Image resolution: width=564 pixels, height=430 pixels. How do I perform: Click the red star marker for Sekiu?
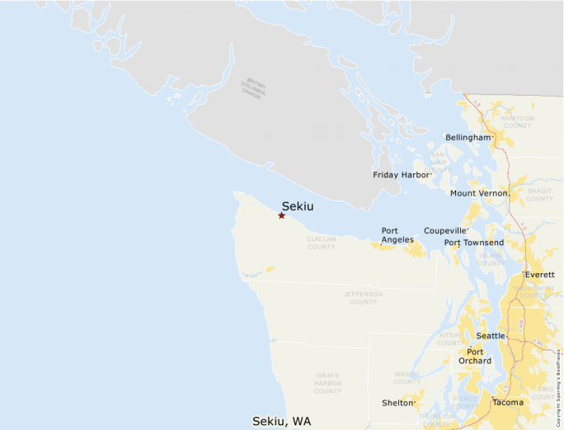point(282,215)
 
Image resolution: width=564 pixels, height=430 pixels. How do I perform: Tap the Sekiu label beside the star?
point(298,206)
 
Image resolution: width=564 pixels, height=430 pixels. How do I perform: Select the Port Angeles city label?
point(398,235)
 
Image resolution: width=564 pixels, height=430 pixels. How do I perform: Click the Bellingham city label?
point(468,137)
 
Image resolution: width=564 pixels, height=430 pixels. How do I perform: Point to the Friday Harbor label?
point(402,175)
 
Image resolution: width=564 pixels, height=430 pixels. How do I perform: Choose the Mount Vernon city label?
point(479,193)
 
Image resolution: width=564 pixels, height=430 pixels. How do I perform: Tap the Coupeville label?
point(445,231)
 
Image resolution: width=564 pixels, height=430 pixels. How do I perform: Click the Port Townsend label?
point(473,243)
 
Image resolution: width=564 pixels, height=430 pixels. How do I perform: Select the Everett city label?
point(539,274)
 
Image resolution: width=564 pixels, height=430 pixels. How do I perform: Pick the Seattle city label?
point(491,336)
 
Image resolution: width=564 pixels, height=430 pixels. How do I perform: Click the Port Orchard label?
point(475,356)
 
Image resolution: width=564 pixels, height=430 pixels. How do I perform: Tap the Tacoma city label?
point(507,403)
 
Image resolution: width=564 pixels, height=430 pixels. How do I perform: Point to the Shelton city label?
point(397,403)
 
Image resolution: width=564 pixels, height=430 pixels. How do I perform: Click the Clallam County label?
point(321,243)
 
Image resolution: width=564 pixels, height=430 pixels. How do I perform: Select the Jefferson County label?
point(363,298)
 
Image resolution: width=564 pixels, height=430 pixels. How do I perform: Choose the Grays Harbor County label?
point(327,383)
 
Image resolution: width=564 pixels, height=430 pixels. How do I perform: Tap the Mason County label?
point(407,378)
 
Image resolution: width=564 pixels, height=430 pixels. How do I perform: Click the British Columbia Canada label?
point(251,90)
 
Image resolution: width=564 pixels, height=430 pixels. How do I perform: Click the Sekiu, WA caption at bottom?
point(281,422)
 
